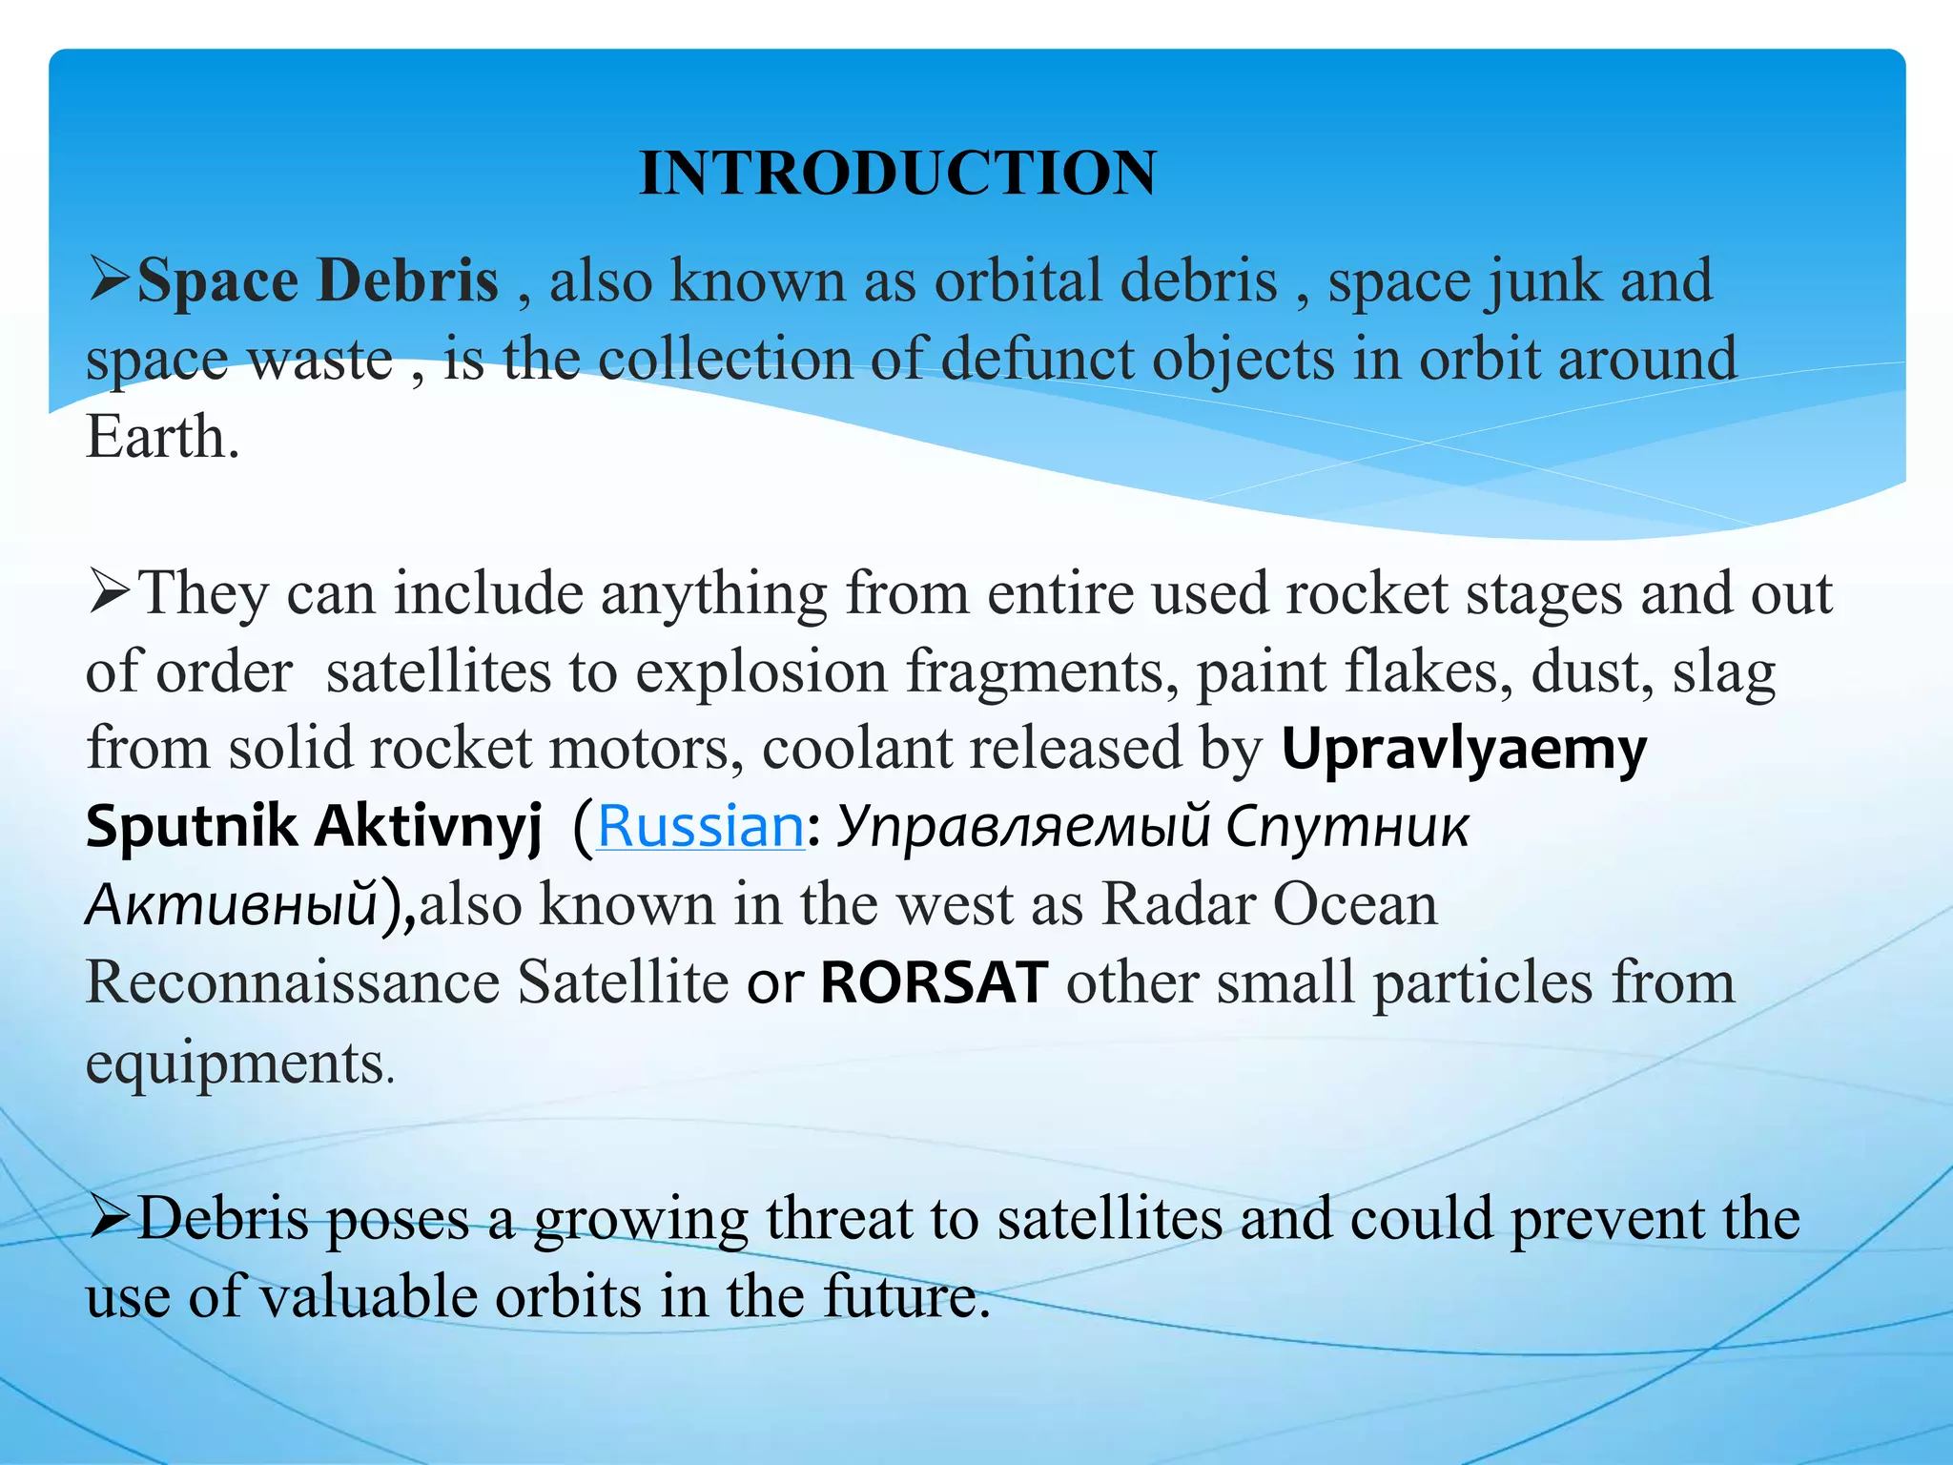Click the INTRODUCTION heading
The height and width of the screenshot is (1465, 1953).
point(897,174)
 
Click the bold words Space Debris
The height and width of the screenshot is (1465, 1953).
point(318,281)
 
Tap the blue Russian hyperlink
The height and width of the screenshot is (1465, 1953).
point(701,826)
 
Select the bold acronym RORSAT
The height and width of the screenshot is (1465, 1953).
point(935,982)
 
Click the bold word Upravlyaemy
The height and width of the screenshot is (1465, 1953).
point(1464,750)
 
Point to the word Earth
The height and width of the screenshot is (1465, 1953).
point(162,438)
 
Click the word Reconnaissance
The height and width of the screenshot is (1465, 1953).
point(293,982)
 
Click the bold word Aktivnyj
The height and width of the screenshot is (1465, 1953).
point(428,826)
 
